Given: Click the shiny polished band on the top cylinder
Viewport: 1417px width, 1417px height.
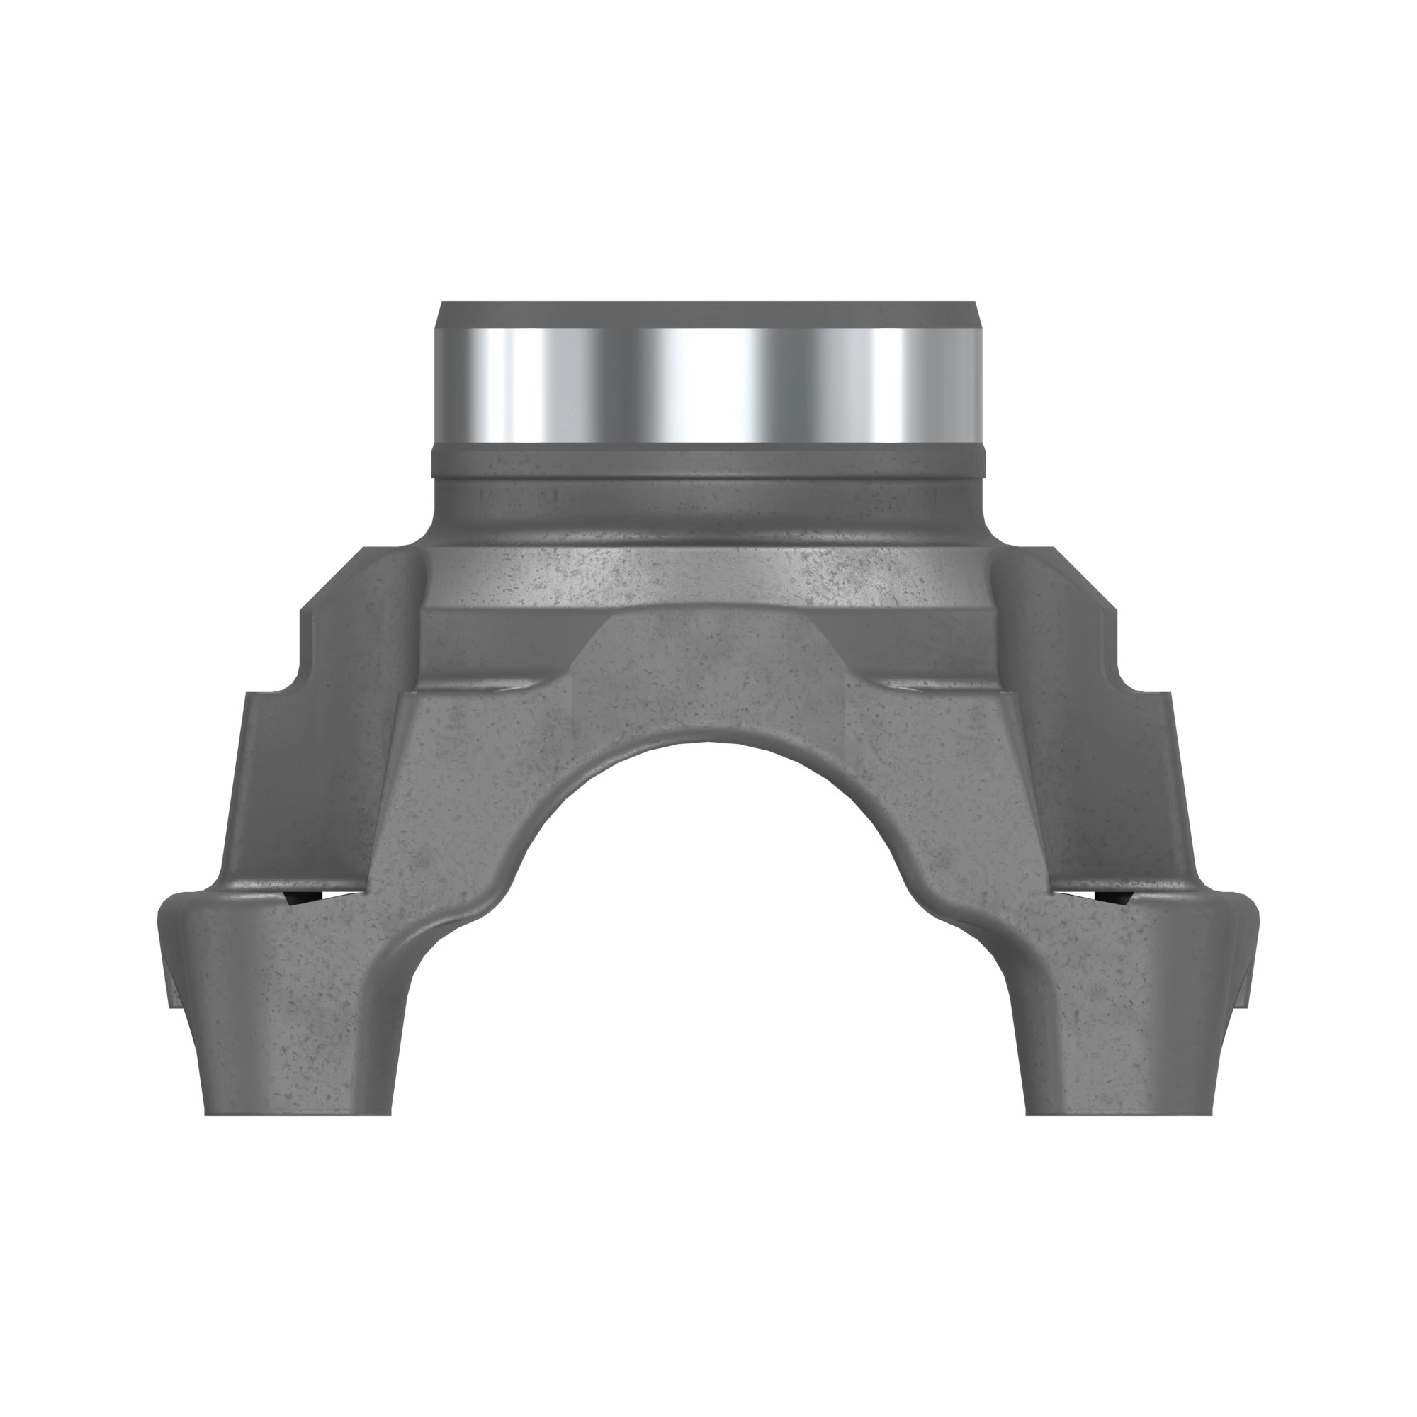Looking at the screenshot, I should point(708,384).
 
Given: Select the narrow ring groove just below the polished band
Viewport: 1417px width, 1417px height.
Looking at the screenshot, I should point(708,459).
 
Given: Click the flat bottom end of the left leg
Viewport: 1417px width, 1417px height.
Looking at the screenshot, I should point(298,1113).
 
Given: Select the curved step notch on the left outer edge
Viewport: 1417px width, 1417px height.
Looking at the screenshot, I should point(297,679).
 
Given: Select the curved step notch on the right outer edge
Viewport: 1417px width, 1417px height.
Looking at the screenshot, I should point(1121,679).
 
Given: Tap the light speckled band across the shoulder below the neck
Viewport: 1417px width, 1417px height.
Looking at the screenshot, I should point(708,576).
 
